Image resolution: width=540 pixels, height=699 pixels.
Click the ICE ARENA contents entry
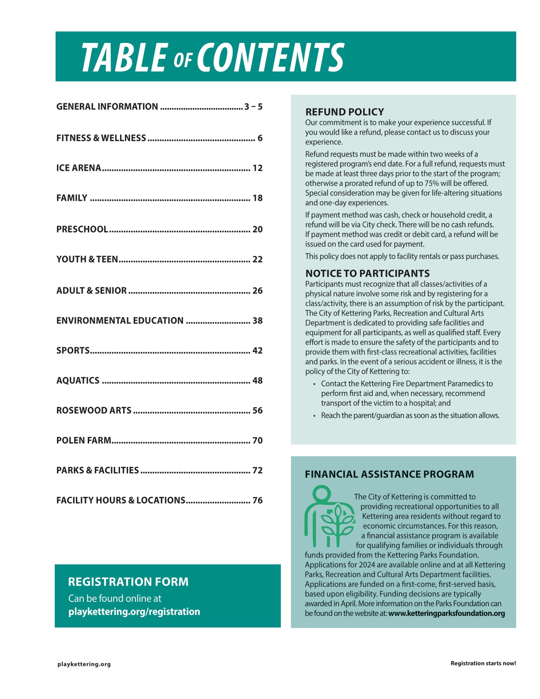(79, 168)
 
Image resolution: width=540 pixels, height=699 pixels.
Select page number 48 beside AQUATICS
(257, 381)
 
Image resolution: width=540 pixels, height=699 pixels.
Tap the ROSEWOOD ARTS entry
(94, 411)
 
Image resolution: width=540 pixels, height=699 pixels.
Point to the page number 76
(257, 500)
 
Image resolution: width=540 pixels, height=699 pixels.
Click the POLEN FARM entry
(83, 441)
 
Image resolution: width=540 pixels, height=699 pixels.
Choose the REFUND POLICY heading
(345, 112)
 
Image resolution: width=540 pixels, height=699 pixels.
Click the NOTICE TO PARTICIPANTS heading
(367, 274)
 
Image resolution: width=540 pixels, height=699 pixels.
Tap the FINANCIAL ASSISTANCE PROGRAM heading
(389, 474)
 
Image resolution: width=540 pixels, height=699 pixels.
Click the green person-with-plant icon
(329, 516)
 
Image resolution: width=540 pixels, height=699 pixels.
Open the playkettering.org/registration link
(134, 612)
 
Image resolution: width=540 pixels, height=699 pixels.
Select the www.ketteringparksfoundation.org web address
(446, 613)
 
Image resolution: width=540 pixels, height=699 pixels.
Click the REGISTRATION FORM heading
(128, 582)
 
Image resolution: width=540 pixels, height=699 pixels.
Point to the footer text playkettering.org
(84, 664)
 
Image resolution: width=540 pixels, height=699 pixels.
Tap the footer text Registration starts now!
(483, 664)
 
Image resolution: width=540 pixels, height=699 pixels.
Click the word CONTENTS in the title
(270, 58)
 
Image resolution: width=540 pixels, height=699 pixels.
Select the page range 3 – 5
(253, 107)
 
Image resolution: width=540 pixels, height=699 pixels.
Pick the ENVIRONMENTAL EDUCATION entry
(120, 321)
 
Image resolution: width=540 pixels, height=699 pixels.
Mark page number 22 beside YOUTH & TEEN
(257, 259)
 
